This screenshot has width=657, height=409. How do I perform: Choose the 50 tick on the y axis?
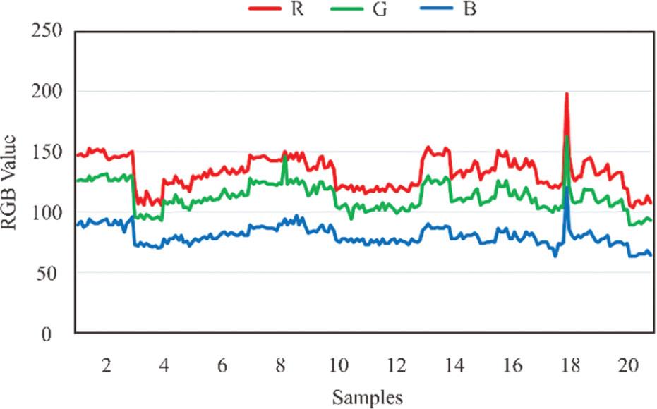coord(52,273)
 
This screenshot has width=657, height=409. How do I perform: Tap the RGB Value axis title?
coord(12,182)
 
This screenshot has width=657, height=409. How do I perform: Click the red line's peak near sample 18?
coord(566,94)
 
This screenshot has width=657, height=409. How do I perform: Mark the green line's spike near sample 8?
coord(284,156)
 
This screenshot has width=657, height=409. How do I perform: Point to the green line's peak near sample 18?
coord(567,137)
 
